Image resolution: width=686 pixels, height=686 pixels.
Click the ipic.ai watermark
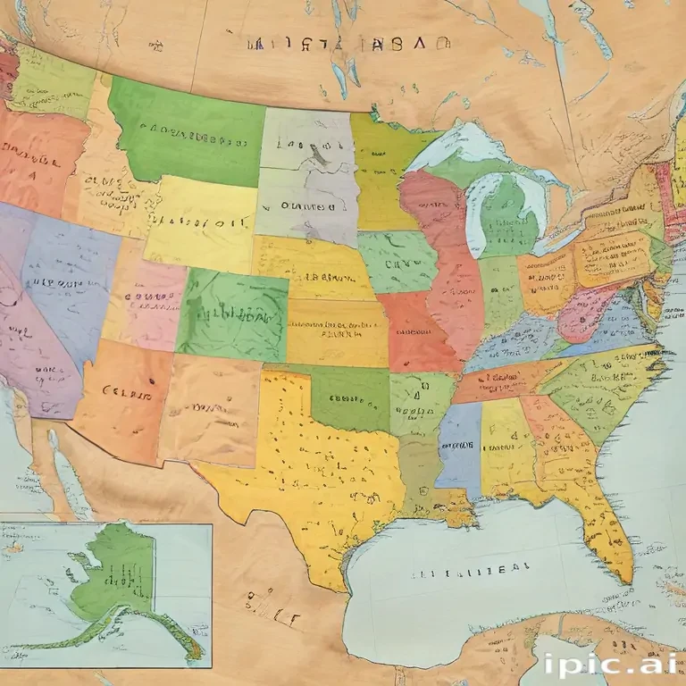608,665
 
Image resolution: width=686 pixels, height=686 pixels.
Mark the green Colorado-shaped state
232,313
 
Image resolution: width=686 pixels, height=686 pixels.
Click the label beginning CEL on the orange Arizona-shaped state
125,390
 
